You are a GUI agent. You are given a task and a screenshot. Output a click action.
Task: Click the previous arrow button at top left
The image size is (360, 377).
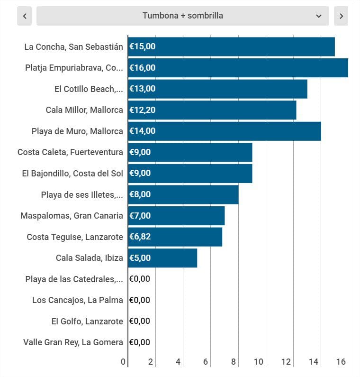pos(24,16)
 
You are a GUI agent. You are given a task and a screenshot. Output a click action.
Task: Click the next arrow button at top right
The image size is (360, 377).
pos(341,16)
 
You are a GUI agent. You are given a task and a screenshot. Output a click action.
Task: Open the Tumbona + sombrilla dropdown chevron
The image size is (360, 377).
pos(318,16)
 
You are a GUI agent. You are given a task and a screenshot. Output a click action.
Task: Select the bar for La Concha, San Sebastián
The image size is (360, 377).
pos(231,46)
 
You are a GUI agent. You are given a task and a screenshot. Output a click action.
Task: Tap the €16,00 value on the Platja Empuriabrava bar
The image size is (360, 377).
pos(143,68)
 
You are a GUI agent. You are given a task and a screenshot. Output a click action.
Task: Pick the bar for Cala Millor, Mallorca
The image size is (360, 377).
pos(212,110)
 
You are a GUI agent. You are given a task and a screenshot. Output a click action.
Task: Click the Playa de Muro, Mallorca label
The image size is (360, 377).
pos(77,131)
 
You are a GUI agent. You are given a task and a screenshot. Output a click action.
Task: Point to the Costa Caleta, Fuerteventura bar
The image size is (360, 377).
pos(190,152)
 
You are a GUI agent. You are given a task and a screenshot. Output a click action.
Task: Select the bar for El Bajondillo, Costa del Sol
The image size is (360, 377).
pos(190,173)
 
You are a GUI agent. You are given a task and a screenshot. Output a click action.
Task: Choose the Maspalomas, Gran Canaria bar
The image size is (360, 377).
pos(176,216)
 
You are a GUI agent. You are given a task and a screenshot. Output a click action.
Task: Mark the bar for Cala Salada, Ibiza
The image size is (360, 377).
pos(162,258)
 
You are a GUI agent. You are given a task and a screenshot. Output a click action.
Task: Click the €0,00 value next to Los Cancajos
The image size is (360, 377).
pos(140,300)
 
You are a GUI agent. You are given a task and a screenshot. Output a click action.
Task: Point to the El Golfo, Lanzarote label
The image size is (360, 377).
pos(87,321)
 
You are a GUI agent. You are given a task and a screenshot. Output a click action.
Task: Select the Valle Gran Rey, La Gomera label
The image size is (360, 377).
pos(73,342)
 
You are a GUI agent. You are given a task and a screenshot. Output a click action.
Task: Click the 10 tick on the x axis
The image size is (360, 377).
pos(259,362)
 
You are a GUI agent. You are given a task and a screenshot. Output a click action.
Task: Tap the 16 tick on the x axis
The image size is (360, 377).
pos(341,362)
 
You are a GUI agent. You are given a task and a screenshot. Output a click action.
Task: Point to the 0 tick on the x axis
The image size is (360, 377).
pos(123,362)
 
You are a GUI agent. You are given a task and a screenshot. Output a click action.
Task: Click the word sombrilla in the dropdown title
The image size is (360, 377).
pos(205,16)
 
